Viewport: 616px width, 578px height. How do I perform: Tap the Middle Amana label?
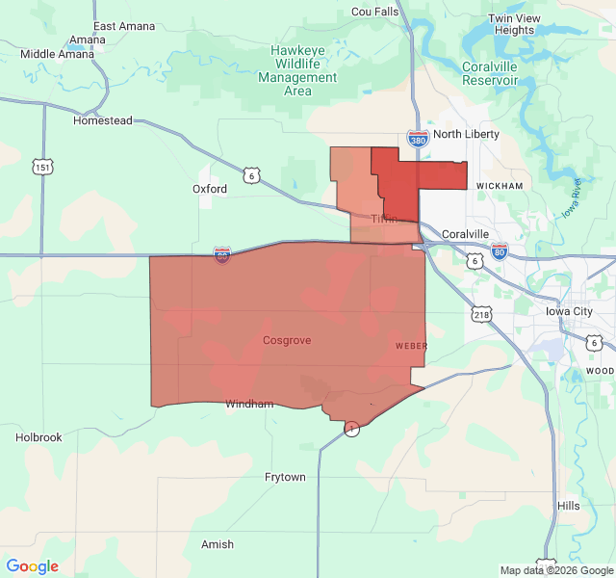58,54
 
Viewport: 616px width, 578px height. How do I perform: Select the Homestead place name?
103,121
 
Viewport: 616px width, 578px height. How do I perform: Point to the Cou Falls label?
374,12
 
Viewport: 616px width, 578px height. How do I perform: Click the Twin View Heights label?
514,24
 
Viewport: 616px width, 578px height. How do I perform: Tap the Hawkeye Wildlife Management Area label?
297,70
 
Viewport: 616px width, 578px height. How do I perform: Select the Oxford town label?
210,189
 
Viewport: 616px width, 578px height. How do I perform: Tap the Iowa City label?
569,312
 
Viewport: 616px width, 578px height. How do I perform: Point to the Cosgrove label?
287,341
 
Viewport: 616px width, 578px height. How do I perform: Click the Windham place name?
249,404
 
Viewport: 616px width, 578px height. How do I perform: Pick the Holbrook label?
38,437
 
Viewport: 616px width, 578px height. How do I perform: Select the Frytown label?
285,478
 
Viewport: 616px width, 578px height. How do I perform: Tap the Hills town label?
568,506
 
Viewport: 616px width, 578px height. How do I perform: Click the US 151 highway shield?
41,167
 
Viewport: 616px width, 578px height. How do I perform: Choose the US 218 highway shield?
481,314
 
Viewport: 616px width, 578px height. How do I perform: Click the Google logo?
32,566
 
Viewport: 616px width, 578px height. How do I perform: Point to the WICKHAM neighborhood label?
499,186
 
